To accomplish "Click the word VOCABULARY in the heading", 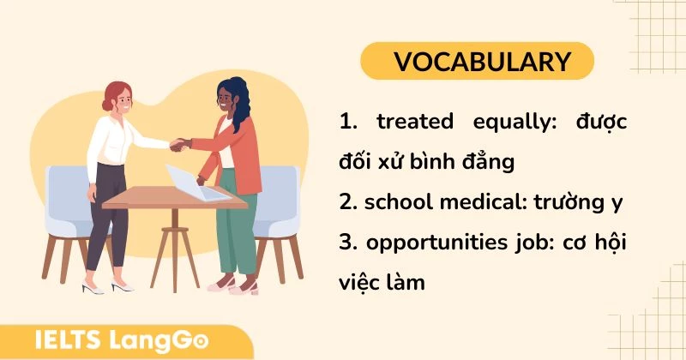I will [482, 62].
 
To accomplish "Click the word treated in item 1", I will [415, 122].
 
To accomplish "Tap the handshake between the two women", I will [180, 144].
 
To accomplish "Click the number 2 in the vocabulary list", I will [346, 202].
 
